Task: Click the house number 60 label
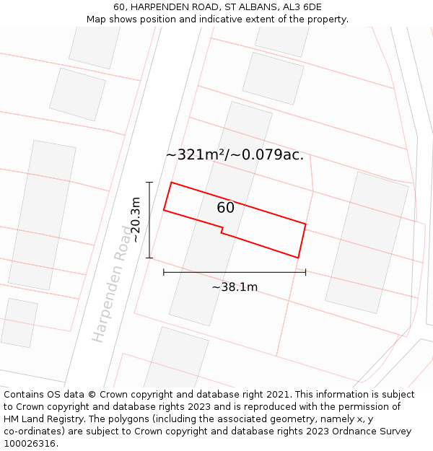click(x=225, y=208)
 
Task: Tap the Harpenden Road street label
click(x=113, y=282)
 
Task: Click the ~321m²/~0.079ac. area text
click(x=235, y=154)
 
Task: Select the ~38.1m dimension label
click(x=235, y=287)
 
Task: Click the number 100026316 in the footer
click(x=30, y=444)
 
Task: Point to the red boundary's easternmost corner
click(x=305, y=224)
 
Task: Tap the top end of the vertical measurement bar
click(x=149, y=183)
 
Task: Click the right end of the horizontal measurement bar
click(x=305, y=272)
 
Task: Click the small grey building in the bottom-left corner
click(x=19, y=323)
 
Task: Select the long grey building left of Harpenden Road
click(x=42, y=215)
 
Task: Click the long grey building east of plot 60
click(x=367, y=242)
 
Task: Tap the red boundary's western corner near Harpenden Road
click(x=164, y=210)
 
